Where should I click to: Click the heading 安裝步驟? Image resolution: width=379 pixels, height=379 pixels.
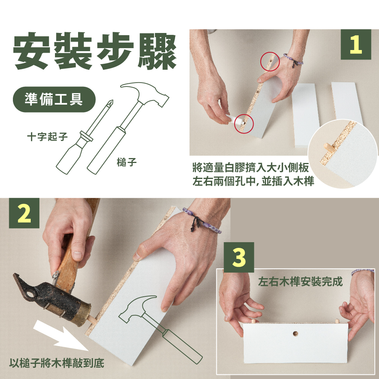[x=95, y=51]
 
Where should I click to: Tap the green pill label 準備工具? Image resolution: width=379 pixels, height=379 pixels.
[x=54, y=99]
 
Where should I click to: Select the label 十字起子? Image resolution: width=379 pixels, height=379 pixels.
[x=48, y=136]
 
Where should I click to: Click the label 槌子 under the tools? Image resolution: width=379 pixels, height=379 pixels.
[x=127, y=162]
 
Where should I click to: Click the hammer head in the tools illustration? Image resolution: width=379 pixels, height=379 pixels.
[x=145, y=93]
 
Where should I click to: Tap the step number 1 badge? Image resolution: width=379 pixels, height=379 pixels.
[x=356, y=44]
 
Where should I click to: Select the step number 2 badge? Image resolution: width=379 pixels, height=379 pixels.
[x=24, y=213]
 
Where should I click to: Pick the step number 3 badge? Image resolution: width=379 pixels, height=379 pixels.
[x=239, y=257]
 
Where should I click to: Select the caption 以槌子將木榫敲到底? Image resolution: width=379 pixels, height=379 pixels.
[x=57, y=363]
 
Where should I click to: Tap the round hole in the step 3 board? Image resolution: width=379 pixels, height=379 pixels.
[x=295, y=334]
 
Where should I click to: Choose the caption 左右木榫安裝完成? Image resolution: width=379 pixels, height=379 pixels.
[x=301, y=282]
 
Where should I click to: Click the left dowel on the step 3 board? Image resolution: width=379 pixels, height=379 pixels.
[x=253, y=321]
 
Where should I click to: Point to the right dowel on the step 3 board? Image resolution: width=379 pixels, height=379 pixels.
[x=337, y=321]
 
